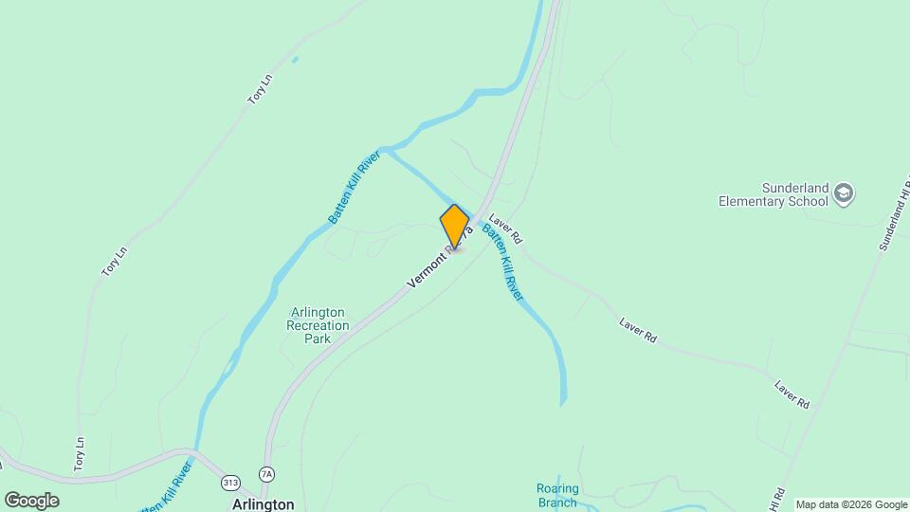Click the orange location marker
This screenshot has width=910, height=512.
[x=455, y=227]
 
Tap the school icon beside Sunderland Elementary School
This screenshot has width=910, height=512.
[x=844, y=194]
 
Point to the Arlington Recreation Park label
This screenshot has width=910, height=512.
[x=318, y=325]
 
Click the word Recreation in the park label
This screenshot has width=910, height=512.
[x=318, y=325]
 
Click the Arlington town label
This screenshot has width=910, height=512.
[x=263, y=504]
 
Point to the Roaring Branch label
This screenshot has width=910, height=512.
[x=557, y=496]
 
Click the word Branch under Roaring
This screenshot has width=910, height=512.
[x=557, y=503]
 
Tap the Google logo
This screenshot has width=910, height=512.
[x=31, y=501]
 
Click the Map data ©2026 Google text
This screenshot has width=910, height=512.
[x=851, y=504]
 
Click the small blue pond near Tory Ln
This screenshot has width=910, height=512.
[x=295, y=60]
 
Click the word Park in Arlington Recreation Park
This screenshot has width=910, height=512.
[x=318, y=338]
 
